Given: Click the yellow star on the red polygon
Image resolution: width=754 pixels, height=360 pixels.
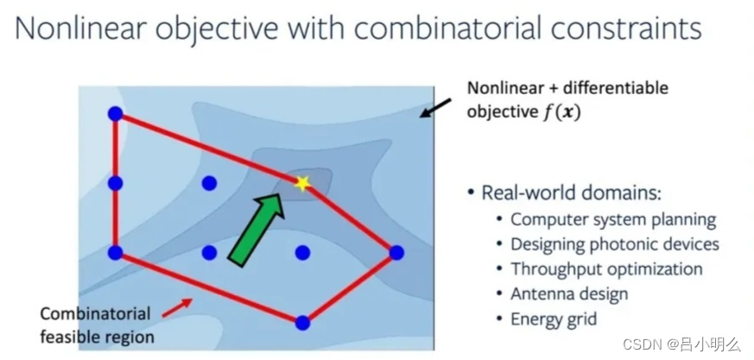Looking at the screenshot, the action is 301,182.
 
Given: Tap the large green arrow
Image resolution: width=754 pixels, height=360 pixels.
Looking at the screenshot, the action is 257,225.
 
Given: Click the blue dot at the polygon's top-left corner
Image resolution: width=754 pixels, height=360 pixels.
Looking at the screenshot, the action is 115,114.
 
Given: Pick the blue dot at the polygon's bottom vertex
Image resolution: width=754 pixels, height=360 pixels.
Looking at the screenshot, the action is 302,323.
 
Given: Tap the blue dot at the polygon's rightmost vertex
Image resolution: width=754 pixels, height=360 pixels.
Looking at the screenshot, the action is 396,252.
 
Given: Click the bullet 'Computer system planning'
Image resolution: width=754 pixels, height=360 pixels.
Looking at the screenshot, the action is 612,219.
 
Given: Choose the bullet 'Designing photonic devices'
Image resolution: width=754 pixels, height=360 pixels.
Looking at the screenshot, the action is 614,244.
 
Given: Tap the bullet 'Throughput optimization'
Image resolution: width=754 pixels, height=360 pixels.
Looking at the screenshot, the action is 606,269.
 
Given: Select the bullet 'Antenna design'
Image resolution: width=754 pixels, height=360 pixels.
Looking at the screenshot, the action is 569,294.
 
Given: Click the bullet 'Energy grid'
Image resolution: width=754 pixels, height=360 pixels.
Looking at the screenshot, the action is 554,319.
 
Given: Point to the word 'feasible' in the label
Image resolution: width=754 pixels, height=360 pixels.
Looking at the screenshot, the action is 70,336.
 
